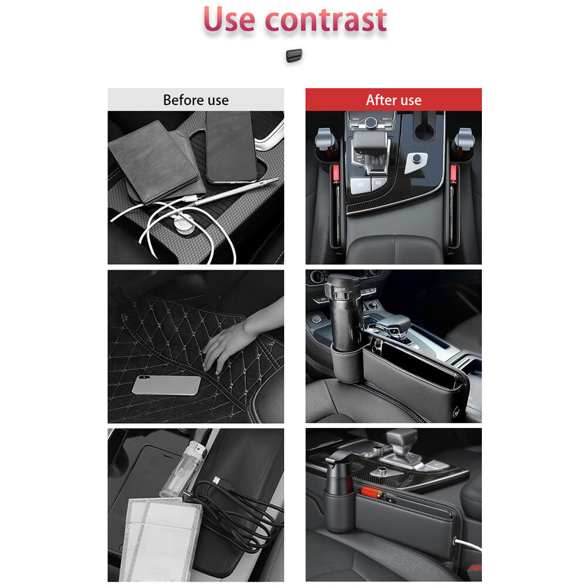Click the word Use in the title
[230, 19]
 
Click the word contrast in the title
[325, 19]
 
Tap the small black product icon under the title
[293, 56]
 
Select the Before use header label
[195, 100]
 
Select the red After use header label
[393, 100]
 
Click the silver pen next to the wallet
[235, 192]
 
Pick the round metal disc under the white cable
[184, 224]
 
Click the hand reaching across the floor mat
[235, 340]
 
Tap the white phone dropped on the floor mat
[166, 385]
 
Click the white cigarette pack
[158, 537]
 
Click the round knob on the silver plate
[417, 159]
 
